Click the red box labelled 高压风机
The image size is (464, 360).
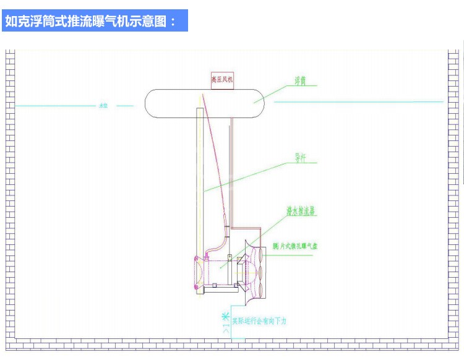point(222,80)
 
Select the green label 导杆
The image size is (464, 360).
point(301,158)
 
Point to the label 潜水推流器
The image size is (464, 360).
point(301,212)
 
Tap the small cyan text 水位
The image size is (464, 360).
point(103,106)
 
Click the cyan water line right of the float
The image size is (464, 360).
point(359,101)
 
